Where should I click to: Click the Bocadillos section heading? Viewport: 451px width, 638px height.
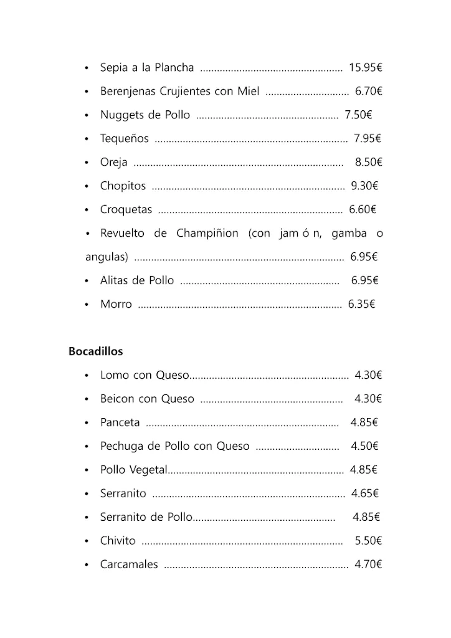click(95, 351)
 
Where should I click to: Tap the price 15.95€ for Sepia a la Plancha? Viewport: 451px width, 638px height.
click(365, 67)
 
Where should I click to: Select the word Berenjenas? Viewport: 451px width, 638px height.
click(128, 91)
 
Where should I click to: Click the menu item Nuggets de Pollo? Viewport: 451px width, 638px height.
click(145, 115)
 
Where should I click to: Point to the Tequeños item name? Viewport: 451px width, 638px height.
click(125, 138)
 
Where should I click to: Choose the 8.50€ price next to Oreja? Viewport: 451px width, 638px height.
click(368, 162)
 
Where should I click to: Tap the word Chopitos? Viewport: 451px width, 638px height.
click(123, 186)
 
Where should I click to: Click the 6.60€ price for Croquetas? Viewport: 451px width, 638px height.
click(363, 209)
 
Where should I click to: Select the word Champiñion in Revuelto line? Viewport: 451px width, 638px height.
click(207, 233)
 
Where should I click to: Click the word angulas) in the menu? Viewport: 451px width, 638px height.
click(107, 257)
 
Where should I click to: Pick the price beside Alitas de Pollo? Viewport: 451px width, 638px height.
click(364, 280)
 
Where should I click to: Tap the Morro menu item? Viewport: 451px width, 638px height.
click(116, 304)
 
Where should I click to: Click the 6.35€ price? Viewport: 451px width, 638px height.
click(362, 304)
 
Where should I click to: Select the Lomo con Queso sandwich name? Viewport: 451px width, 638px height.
click(144, 375)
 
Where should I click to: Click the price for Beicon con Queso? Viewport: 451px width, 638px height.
click(368, 399)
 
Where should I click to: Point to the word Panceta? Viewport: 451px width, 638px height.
click(120, 422)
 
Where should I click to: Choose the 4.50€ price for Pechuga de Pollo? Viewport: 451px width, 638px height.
click(364, 446)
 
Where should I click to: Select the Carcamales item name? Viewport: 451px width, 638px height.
click(129, 564)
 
